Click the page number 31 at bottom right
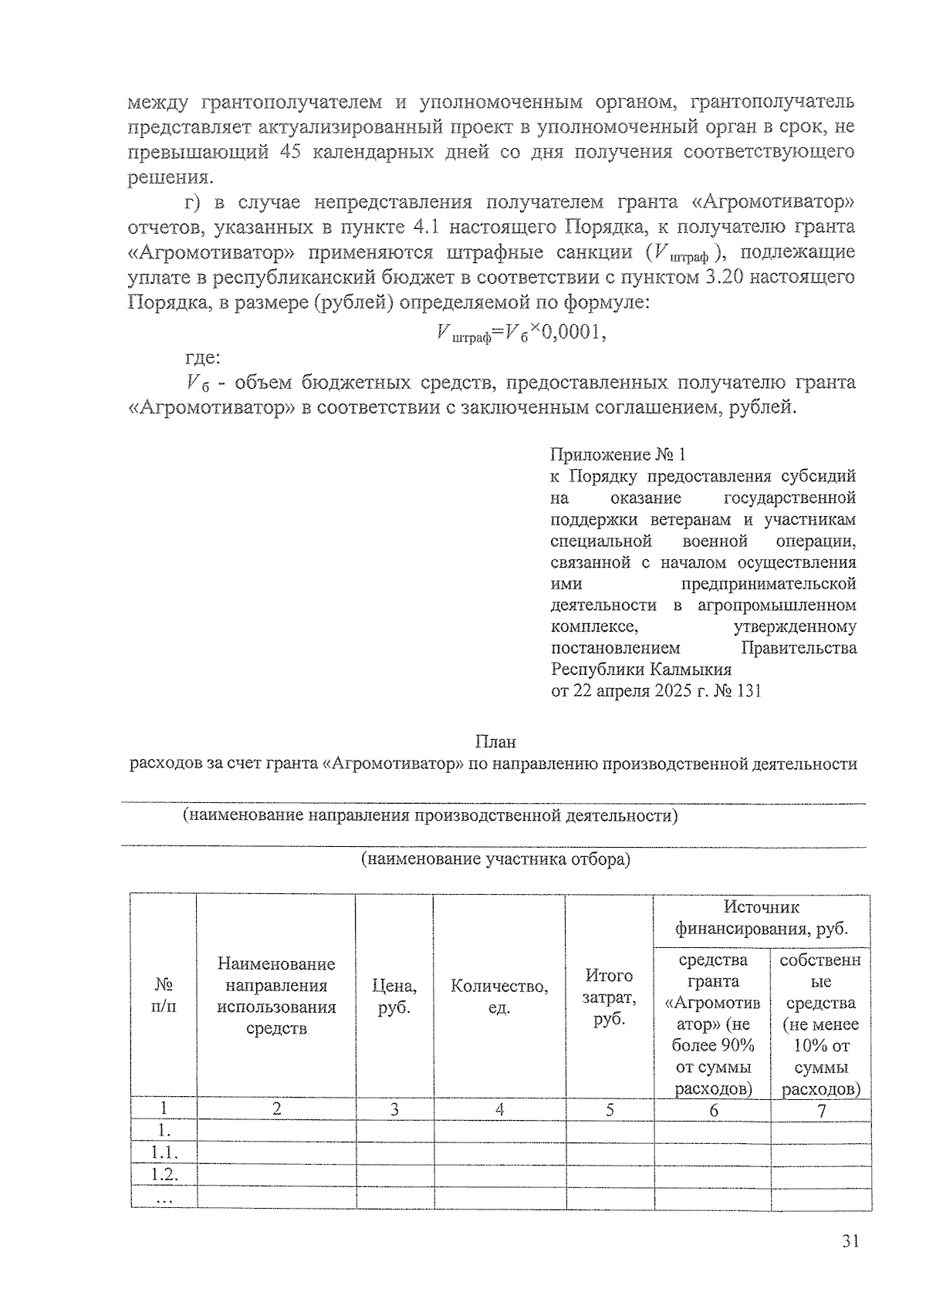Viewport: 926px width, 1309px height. pyautogui.click(x=850, y=1241)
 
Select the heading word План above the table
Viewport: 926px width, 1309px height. pyautogui.click(x=495, y=742)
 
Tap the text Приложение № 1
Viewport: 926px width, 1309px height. pyautogui.click(x=618, y=455)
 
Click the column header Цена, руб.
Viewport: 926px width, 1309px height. pyautogui.click(x=394, y=997)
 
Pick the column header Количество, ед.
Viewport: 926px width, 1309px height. pyautogui.click(x=499, y=997)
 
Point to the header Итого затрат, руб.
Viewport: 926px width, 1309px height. pyautogui.click(x=609, y=997)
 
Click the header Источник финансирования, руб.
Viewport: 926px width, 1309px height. pyautogui.click(x=761, y=918)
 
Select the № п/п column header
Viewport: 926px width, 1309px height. pyautogui.click(x=164, y=996)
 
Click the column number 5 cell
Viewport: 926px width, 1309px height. pyautogui.click(x=609, y=1110)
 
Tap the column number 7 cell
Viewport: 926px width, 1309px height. pyautogui.click(x=821, y=1110)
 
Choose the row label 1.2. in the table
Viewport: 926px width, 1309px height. pyautogui.click(x=164, y=1175)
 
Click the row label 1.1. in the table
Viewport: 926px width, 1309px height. pyautogui.click(x=164, y=1153)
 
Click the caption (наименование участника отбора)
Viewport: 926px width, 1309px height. pyautogui.click(x=495, y=859)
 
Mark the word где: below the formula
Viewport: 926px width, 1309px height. pyautogui.click(x=202, y=358)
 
